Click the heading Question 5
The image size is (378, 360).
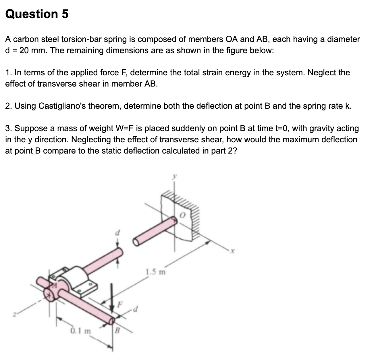click(37, 14)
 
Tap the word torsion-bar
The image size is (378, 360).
click(81, 39)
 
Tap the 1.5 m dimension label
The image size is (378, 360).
click(156, 271)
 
